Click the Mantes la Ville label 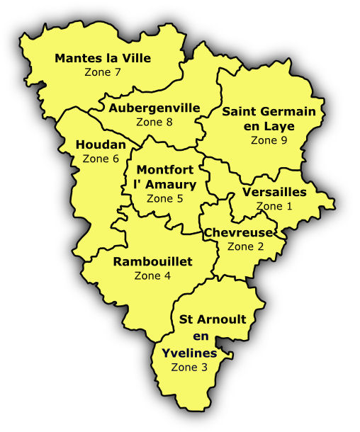coord(103,58)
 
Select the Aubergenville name coord(154,108)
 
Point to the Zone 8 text coord(154,122)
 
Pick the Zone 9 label coord(269,140)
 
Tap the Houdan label coord(101,145)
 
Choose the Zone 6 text coord(101,159)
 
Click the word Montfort coord(164,170)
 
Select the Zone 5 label coord(164,198)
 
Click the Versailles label coord(274,192)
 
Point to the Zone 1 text coord(274,206)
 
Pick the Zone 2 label coord(245,246)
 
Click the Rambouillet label coord(152,262)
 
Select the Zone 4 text coord(152,275)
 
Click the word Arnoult coord(222,319)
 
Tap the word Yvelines coord(189,353)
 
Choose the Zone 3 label coord(189,367)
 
